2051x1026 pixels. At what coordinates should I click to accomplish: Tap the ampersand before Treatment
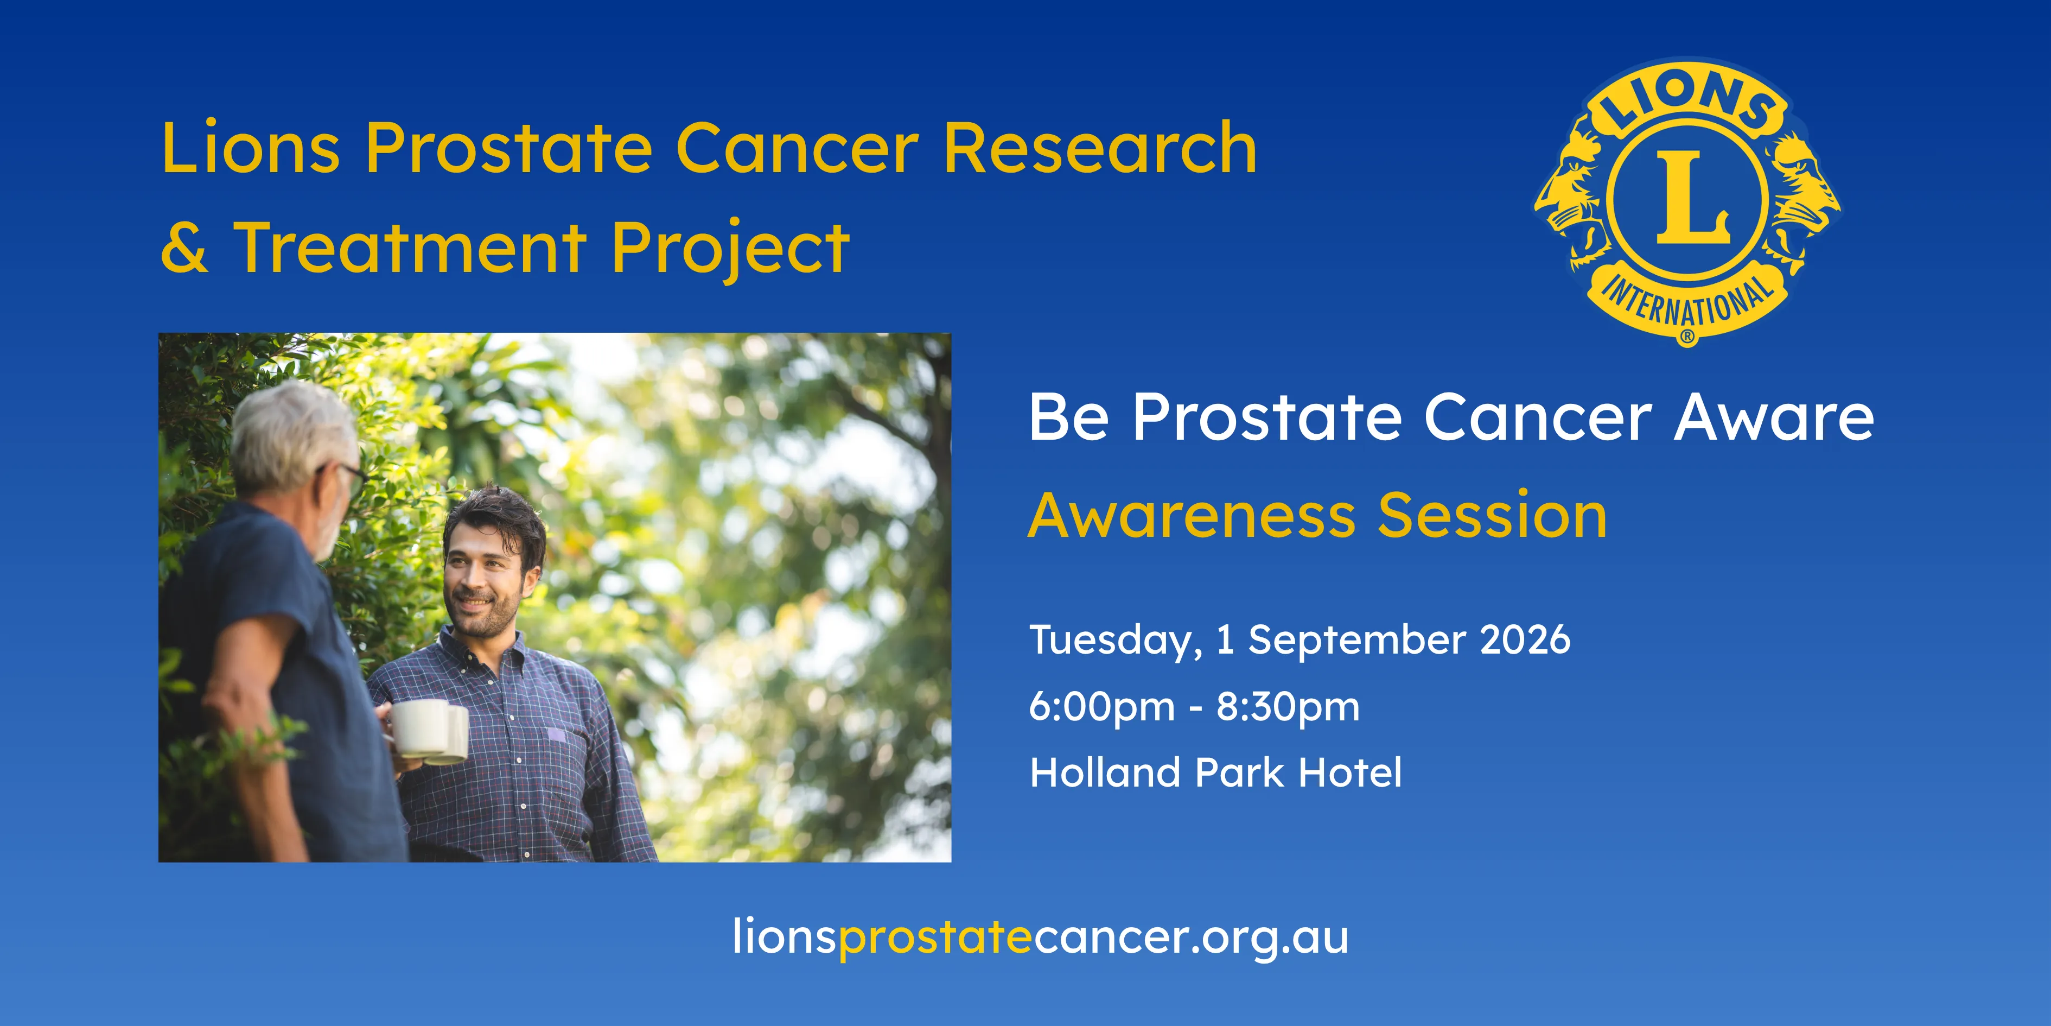coord(184,247)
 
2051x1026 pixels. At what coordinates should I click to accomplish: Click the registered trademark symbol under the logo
coord(1687,338)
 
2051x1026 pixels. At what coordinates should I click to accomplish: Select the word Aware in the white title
coord(1774,417)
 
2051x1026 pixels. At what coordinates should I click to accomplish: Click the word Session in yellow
coord(1493,516)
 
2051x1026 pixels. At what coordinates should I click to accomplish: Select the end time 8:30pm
coord(1288,707)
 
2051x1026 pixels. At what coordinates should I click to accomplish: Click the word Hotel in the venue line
coord(1351,772)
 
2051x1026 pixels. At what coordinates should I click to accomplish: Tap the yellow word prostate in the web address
coord(935,938)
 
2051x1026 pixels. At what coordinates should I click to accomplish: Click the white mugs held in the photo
coord(428,731)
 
